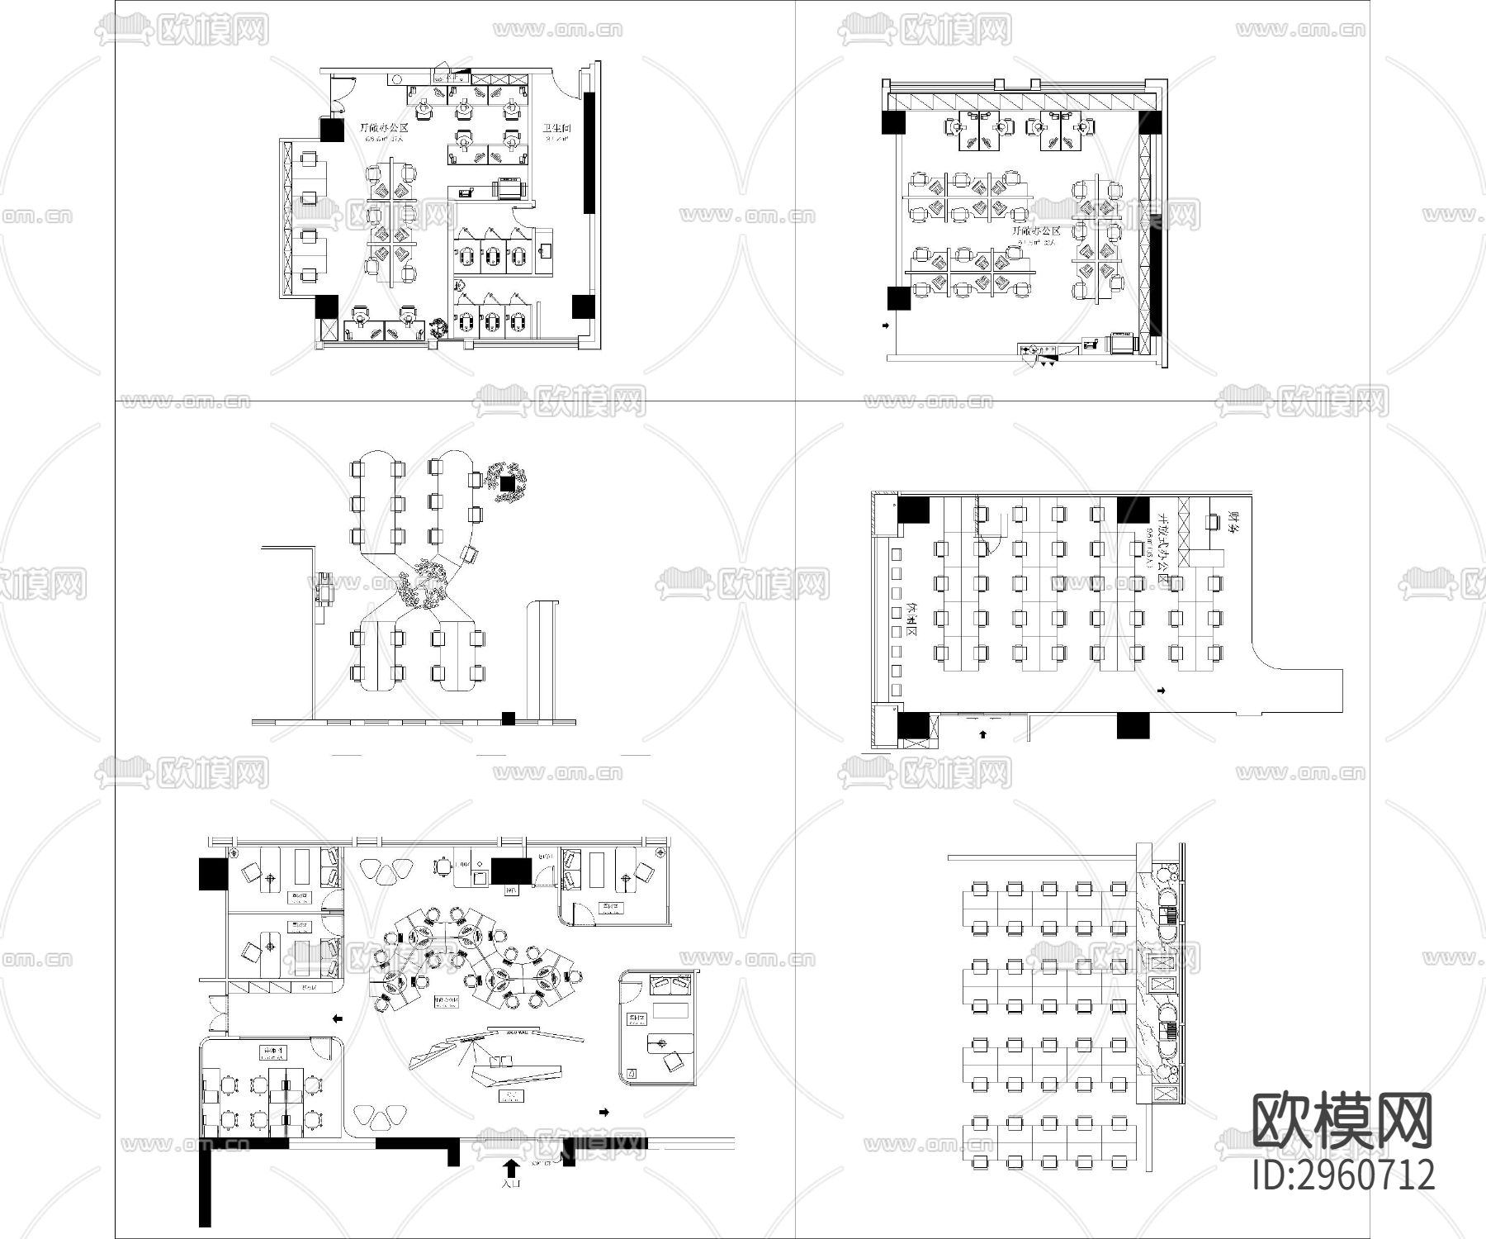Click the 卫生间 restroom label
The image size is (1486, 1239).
557,129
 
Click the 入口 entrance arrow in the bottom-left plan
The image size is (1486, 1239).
511,1167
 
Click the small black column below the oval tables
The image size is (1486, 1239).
509,718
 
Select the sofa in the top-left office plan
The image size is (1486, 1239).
509,189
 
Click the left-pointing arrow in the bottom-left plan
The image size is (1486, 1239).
337,1018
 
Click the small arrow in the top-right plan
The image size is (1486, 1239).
886,326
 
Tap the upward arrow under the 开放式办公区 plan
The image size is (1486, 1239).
982,733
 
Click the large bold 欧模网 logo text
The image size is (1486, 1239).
1342,1121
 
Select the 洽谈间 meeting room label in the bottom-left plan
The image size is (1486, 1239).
272,1051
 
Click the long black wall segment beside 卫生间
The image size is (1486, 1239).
589,153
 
